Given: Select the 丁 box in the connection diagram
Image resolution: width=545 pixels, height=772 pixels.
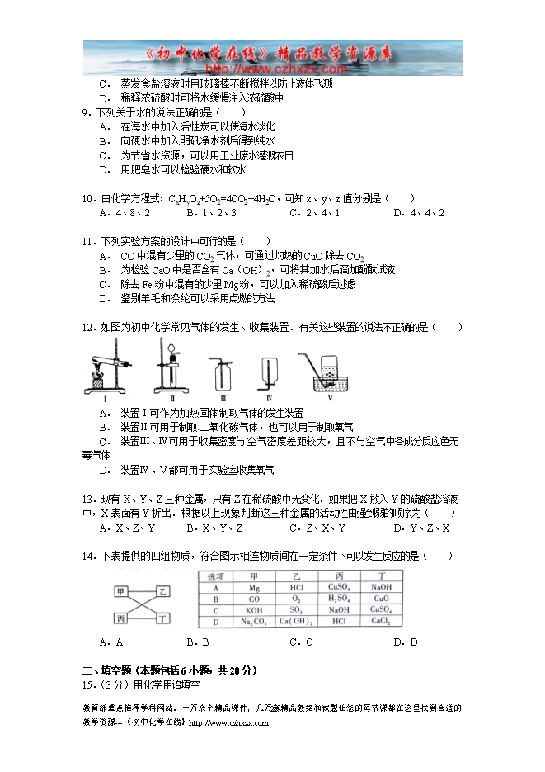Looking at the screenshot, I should click(x=163, y=617).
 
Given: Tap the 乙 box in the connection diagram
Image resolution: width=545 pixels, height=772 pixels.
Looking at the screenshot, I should click(x=163, y=591).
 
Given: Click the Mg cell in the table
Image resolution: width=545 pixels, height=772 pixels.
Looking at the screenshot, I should click(x=253, y=587).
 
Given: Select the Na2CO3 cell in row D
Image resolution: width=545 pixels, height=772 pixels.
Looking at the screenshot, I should click(x=253, y=621).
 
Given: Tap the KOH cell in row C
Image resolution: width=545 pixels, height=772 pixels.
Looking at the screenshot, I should click(x=253, y=610).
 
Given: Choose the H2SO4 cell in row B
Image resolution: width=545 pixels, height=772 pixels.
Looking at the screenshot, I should click(x=338, y=599).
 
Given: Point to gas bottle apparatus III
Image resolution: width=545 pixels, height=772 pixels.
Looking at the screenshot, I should click(x=221, y=373).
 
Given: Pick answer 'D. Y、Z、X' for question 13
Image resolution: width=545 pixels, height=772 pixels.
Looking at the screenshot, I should click(x=421, y=528).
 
